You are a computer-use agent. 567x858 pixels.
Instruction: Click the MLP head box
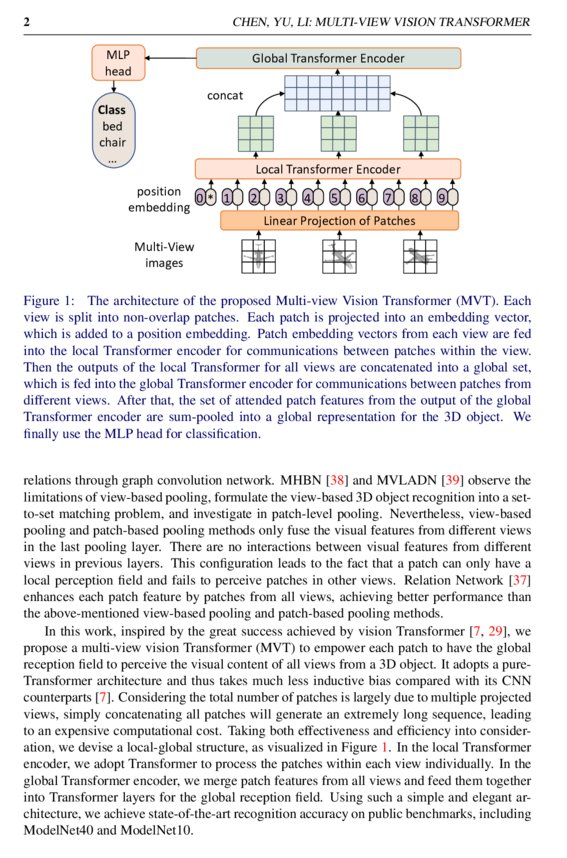tap(118, 62)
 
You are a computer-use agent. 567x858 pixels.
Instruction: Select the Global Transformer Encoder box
tap(328, 58)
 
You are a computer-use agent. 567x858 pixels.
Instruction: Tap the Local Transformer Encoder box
tap(328, 169)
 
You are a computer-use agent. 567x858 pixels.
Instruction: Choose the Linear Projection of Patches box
tap(339, 220)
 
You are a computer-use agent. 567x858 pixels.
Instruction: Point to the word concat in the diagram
tap(225, 96)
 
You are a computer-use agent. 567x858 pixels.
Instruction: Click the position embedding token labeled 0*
tap(206, 197)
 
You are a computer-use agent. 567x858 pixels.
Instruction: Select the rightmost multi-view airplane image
tap(419, 257)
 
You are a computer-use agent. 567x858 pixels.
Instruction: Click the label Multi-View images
tap(161, 255)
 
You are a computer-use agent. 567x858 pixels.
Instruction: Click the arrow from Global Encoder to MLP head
tap(170, 58)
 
